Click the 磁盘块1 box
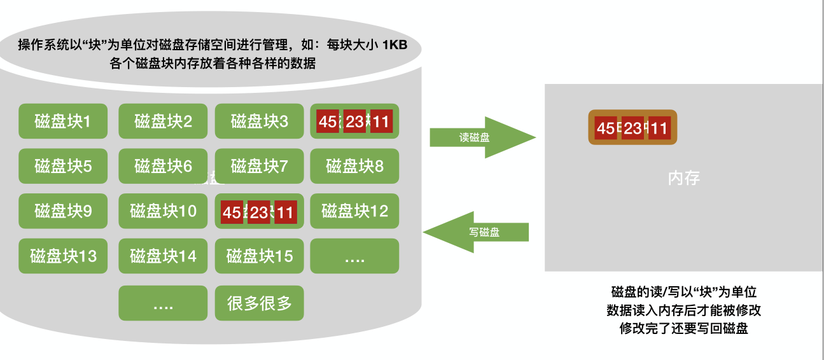62,121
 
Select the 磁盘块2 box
163,121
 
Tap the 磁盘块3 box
259,121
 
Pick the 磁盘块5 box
62,166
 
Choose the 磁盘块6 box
163,166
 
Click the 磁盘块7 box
259,166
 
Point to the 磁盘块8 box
354,166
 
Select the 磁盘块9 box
62,211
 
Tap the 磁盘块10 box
163,211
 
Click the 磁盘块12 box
354,211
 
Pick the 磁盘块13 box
62,256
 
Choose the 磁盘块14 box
163,256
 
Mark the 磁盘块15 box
259,256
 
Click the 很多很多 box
259,303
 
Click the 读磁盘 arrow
477,137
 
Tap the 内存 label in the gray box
683,178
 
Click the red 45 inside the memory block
604,128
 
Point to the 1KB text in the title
394,46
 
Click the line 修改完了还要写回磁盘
683,329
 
